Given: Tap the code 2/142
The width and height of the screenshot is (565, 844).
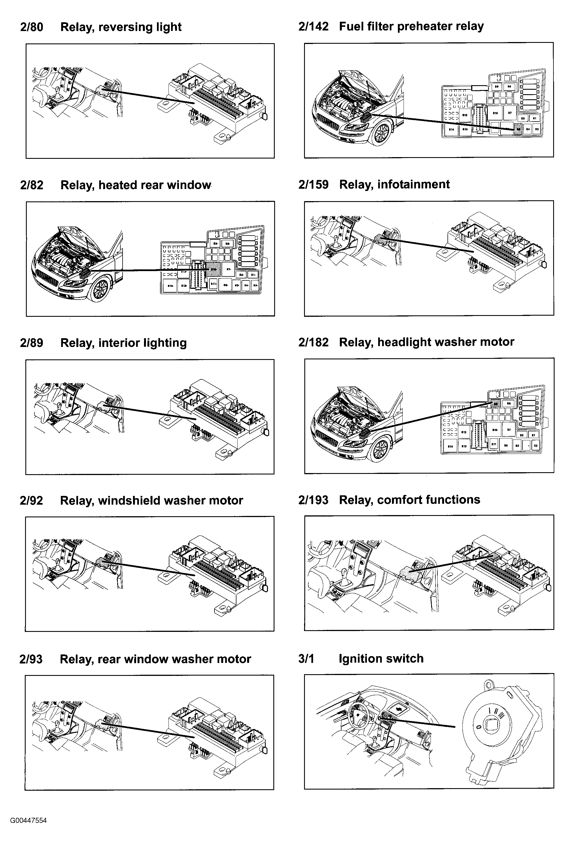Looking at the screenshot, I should coord(313,26).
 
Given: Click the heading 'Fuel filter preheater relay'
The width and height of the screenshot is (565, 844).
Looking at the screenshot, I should coord(411,26).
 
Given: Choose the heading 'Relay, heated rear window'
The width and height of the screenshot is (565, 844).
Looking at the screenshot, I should coord(136,185).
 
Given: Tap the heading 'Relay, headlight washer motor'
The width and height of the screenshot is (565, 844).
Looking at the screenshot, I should coord(426,342).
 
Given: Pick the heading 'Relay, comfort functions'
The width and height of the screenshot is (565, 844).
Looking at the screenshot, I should coord(409,500).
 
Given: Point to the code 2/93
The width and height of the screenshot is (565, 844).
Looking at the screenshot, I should coord(31,659).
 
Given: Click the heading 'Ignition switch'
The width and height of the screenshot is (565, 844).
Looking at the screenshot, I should coord(381,659).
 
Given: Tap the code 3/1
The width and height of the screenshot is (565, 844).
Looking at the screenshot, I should coord(306,659).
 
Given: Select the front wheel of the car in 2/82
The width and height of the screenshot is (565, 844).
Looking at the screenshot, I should coord(100,290).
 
